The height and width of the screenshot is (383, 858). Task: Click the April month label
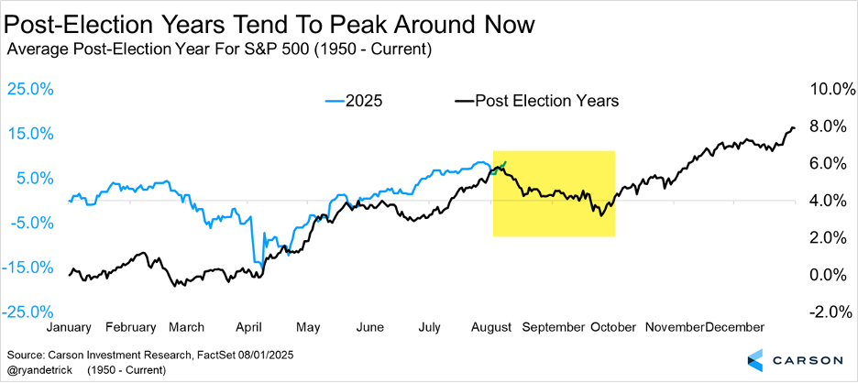click(250, 326)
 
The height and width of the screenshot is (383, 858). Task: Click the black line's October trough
click(600, 215)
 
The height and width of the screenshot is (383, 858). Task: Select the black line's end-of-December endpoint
click(794, 127)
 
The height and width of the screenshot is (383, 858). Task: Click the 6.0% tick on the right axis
click(828, 163)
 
